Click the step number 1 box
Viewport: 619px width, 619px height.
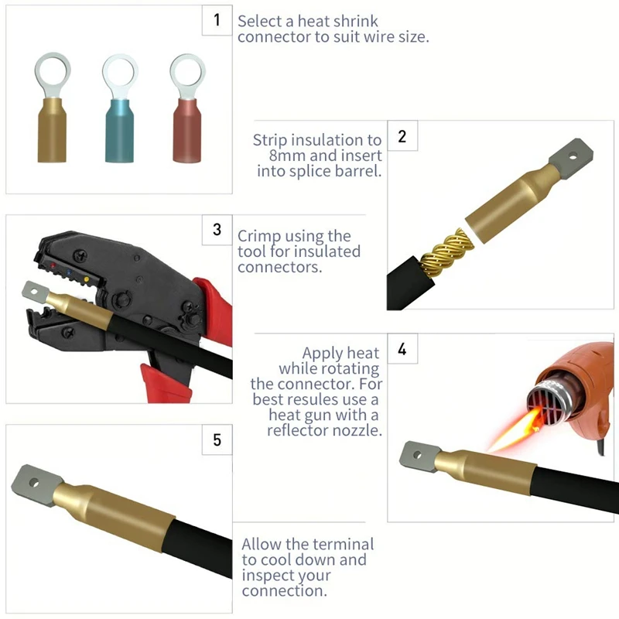[217, 21]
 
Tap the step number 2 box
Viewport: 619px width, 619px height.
[402, 136]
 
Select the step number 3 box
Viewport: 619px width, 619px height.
[217, 230]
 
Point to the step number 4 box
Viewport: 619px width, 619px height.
[402, 349]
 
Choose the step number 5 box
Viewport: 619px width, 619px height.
[217, 439]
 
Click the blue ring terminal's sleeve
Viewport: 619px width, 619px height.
[119, 131]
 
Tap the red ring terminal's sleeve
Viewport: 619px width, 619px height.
[187, 130]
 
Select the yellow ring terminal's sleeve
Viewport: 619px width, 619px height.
[52, 131]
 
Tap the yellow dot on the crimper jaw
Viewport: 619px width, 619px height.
[87, 279]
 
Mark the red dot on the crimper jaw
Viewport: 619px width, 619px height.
[53, 265]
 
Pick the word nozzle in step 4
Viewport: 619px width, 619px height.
[357, 430]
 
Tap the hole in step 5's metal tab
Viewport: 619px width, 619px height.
[35, 483]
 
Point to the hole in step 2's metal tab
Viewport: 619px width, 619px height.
[573, 157]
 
